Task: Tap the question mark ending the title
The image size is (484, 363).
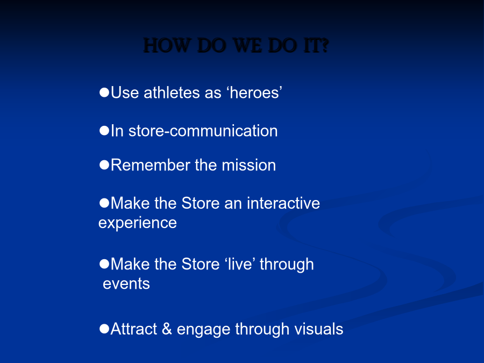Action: click(x=325, y=46)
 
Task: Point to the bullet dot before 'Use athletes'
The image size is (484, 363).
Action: click(x=104, y=92)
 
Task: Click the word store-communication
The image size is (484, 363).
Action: click(x=203, y=131)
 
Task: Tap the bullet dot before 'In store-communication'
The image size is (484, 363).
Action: click(x=104, y=131)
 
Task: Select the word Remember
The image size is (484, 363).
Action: click(x=151, y=165)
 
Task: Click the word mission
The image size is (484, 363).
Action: click(x=249, y=165)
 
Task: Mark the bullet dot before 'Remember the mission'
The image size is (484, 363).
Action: click(x=104, y=165)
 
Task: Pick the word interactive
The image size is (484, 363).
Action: click(x=283, y=203)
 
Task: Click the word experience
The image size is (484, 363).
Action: click(x=138, y=223)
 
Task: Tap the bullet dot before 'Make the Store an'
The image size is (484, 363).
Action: click(x=104, y=203)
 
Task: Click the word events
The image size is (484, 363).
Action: click(x=126, y=284)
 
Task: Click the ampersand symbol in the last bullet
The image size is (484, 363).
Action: click(x=167, y=329)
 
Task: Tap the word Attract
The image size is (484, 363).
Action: click(x=134, y=329)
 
